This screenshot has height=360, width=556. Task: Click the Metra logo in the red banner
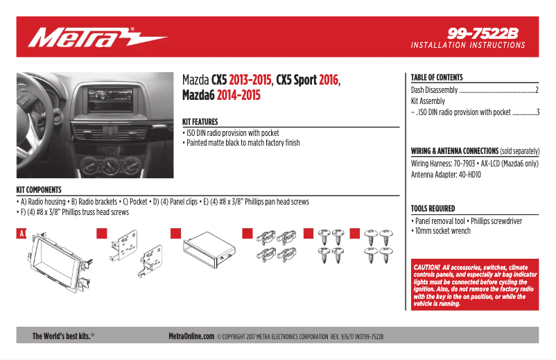click(x=97, y=37)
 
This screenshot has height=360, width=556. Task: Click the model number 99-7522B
click(x=483, y=33)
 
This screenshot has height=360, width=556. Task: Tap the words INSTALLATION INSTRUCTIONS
click(x=468, y=45)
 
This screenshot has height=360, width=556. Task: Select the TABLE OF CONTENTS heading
click(x=437, y=78)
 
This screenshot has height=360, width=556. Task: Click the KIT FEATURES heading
click(x=200, y=121)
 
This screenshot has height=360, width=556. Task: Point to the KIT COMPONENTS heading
click(x=39, y=189)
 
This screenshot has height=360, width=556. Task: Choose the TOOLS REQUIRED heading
click(x=433, y=208)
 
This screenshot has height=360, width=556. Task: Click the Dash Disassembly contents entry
click(x=435, y=90)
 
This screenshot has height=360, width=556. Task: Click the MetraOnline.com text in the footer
click(x=191, y=336)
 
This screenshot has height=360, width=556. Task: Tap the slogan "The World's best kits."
click(x=63, y=336)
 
